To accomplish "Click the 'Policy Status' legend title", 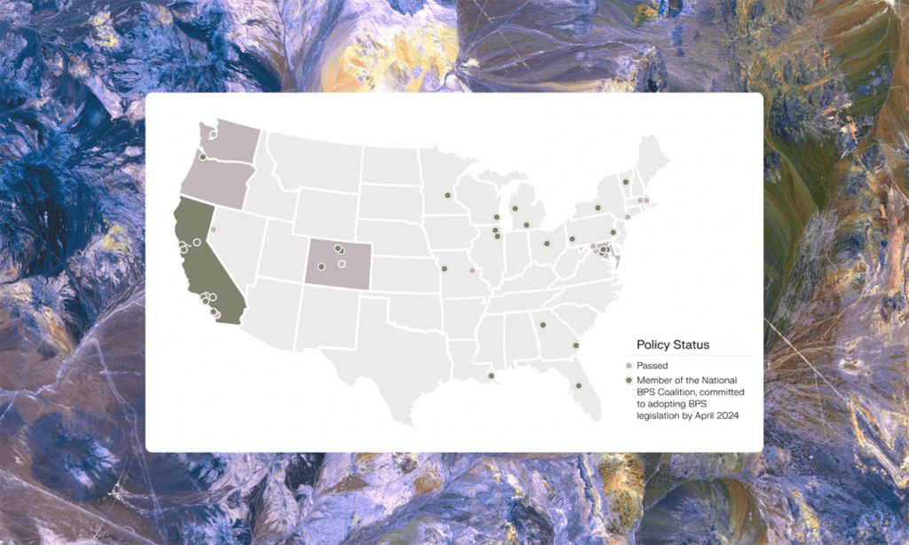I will [673, 344].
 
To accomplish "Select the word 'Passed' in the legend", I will [652, 366].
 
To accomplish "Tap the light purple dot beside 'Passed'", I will [629, 366].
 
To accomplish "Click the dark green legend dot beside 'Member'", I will [629, 381].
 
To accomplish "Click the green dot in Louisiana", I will [491, 376].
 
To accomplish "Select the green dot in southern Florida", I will [578, 385].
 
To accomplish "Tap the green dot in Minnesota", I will [447, 194].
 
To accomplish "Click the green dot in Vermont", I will [625, 181].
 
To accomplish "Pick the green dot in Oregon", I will [202, 157].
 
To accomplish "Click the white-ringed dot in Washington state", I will [213, 135].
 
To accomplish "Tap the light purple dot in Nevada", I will [213, 230].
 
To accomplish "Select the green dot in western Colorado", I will [321, 266].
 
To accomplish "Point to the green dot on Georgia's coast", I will [575, 345].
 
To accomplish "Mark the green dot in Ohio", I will [547, 242].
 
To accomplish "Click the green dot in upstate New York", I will [597, 208].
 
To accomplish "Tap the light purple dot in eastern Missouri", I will [472, 271].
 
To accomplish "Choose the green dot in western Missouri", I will [444, 268].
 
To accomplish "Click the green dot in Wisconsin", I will [495, 217].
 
